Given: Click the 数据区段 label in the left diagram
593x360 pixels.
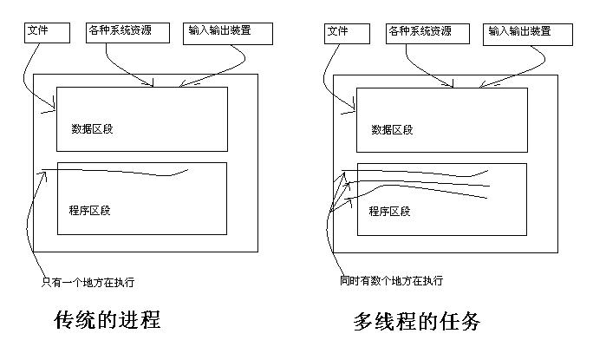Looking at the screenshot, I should point(92,128).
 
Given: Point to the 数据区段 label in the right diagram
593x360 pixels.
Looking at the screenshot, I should point(392,129).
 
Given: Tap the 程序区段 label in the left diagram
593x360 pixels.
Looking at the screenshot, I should point(88,210).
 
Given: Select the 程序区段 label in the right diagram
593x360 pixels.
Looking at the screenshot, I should point(389,210).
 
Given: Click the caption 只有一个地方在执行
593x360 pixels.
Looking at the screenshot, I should point(88,281).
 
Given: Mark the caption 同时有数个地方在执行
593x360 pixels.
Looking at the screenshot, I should point(392,281).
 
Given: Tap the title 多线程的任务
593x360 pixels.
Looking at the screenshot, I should point(416,322).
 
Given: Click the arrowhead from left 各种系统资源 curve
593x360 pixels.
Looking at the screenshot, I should point(152,85).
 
